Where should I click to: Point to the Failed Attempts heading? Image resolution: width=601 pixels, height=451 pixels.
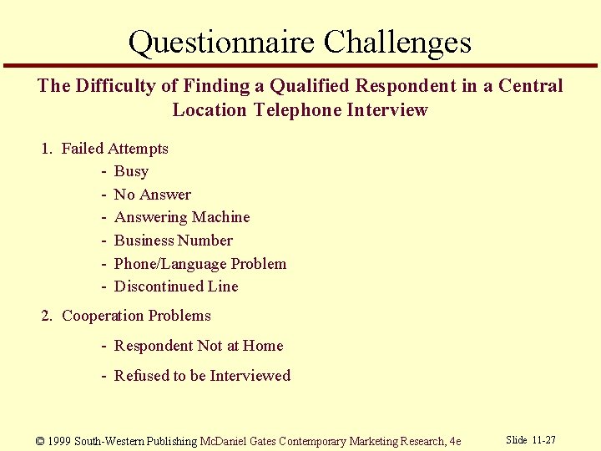click(114, 149)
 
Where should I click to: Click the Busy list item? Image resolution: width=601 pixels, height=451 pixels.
click(131, 171)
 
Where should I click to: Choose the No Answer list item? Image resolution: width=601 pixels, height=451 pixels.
click(152, 195)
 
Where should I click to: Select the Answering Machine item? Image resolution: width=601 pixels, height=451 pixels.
click(182, 217)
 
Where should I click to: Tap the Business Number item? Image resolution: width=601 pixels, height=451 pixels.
click(173, 241)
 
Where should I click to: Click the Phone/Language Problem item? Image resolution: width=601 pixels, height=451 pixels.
click(199, 264)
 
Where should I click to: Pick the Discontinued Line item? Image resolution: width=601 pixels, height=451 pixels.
click(176, 286)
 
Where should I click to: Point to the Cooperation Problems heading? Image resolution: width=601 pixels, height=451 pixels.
click(136, 316)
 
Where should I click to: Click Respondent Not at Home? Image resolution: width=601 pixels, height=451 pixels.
click(199, 346)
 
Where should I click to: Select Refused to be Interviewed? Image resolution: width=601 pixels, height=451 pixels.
click(202, 376)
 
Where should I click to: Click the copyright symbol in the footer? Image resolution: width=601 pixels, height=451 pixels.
click(41, 441)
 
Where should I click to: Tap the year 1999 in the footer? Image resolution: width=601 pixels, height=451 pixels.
click(59, 441)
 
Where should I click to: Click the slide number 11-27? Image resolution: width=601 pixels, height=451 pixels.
click(544, 440)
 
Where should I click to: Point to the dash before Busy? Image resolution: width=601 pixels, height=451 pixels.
click(104, 171)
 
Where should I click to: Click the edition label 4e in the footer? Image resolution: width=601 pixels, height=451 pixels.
click(454, 441)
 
